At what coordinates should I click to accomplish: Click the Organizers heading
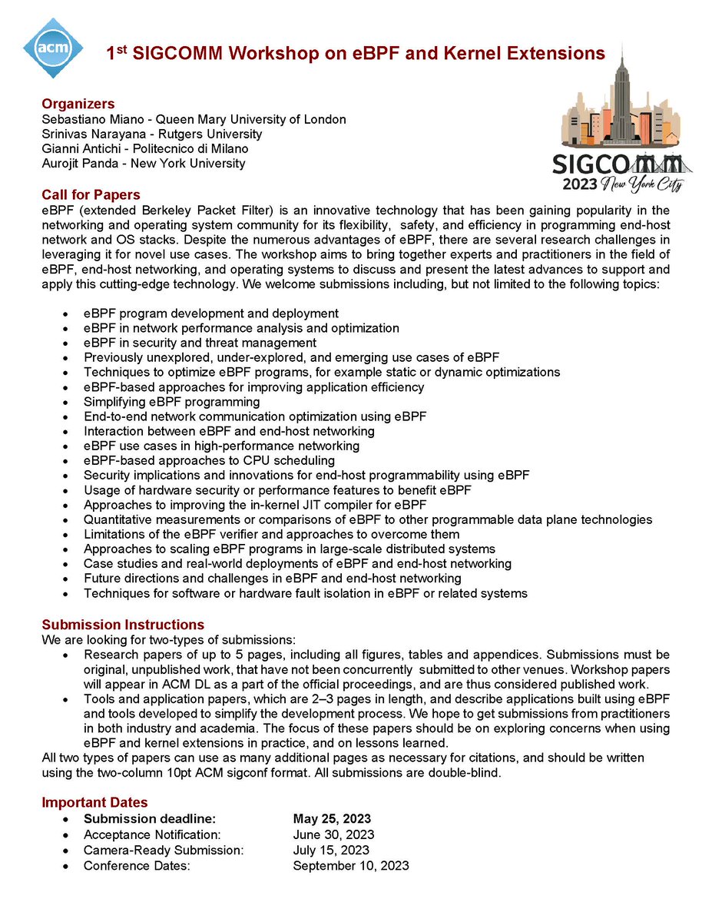tap(78, 104)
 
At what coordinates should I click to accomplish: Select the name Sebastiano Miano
tap(84, 119)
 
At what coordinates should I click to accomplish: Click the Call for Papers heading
tap(91, 194)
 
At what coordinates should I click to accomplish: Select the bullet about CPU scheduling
tap(209, 461)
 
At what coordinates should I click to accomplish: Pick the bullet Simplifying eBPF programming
tap(172, 402)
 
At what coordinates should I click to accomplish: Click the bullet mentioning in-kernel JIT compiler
tap(255, 505)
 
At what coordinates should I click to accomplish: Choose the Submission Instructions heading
tap(123, 625)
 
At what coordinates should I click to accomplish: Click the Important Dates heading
tap(94, 803)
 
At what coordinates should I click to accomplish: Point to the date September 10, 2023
tap(351, 865)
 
